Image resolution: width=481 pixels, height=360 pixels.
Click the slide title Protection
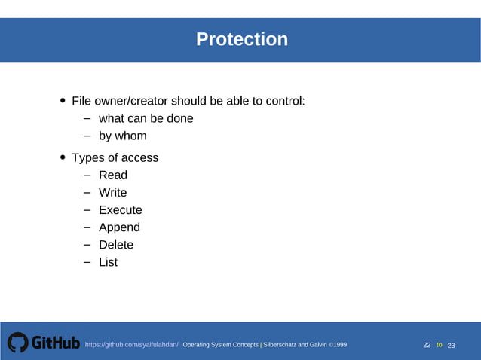tap(241, 39)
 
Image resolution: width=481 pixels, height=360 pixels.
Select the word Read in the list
tap(113, 175)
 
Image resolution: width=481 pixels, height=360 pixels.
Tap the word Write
tap(113, 193)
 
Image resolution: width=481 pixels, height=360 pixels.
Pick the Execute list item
tap(120, 210)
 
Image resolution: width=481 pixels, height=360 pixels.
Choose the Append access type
tap(119, 227)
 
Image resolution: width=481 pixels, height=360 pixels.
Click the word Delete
tap(116, 245)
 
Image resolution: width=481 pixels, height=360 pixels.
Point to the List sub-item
tap(108, 262)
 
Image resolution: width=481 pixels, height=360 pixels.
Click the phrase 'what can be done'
tap(146, 118)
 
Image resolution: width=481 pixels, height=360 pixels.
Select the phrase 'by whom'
tap(122, 136)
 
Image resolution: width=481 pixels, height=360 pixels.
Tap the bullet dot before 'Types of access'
tap(63, 158)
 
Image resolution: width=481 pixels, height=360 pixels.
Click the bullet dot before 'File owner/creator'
tap(63, 102)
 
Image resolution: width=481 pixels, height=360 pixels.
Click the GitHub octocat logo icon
tap(17, 343)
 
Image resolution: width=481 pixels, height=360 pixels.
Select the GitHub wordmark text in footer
tap(55, 343)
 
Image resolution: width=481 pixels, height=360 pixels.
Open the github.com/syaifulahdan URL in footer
tap(131, 345)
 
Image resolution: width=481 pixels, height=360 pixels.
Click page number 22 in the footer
tap(427, 345)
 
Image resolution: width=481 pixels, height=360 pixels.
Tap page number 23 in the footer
tap(452, 345)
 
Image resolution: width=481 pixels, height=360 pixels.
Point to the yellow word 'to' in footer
tap(440, 345)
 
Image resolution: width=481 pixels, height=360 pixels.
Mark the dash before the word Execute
tap(87, 210)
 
